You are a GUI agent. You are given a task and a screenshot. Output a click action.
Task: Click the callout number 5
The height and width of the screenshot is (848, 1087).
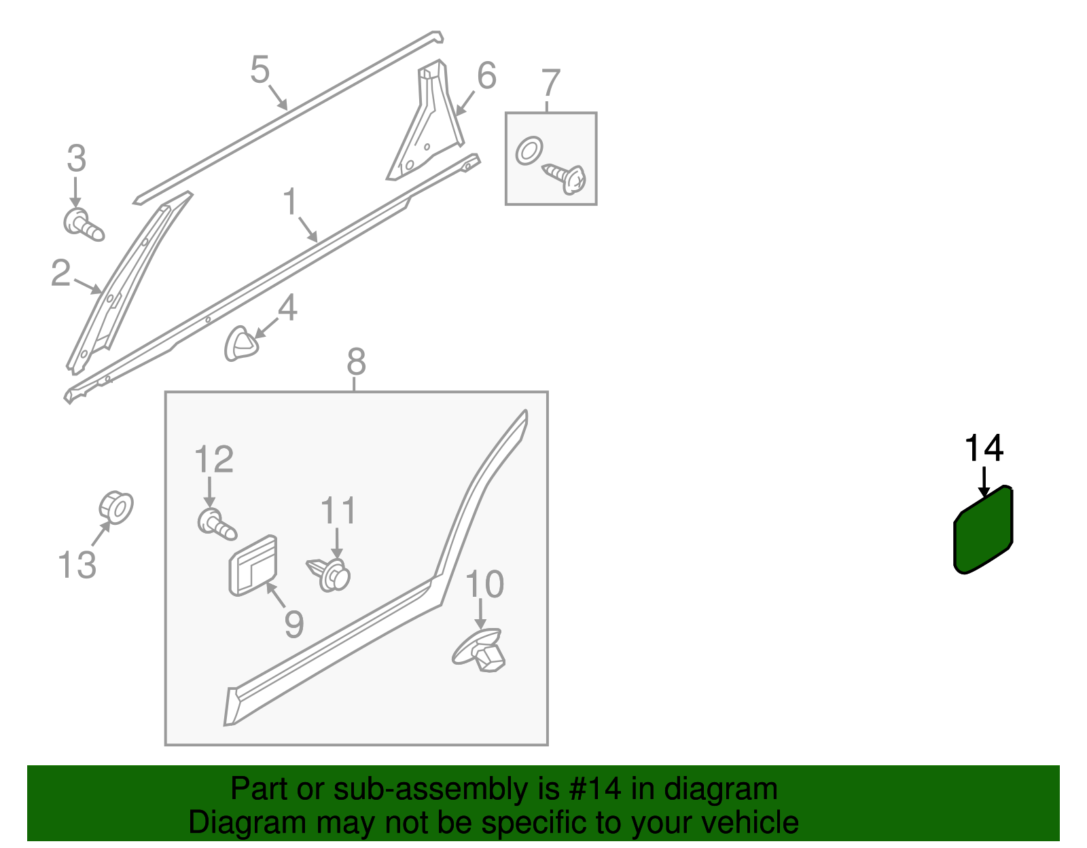tap(260, 69)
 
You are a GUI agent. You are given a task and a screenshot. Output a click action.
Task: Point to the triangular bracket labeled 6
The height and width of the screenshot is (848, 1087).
tap(425, 121)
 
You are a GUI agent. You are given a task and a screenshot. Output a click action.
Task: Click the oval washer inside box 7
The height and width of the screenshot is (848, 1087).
tap(529, 151)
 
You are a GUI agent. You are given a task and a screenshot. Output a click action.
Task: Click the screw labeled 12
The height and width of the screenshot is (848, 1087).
tap(217, 524)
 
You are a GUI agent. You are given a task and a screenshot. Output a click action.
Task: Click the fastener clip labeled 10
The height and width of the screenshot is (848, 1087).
tap(479, 650)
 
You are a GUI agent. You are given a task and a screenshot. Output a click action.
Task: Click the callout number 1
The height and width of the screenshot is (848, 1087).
tap(290, 202)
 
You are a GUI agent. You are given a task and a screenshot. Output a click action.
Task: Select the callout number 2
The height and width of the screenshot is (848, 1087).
tap(60, 274)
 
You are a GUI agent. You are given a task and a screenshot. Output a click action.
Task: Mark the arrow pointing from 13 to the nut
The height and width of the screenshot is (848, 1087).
tap(101, 534)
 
